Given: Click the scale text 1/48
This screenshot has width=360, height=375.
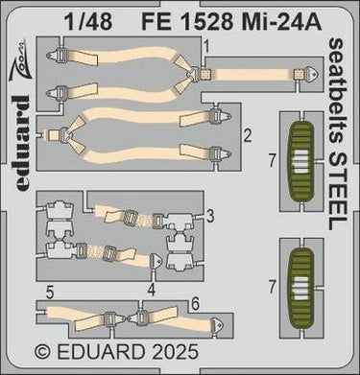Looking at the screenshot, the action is tap(88, 22).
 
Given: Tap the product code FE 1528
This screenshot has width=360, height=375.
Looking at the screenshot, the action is tap(186, 22).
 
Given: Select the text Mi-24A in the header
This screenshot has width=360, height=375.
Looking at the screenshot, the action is tap(279, 22).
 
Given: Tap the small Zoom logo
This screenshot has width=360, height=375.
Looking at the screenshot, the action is tap(18, 58).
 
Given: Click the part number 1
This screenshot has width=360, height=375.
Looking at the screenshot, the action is tap(206, 48).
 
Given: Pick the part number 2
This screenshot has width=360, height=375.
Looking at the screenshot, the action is tap(248, 136).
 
